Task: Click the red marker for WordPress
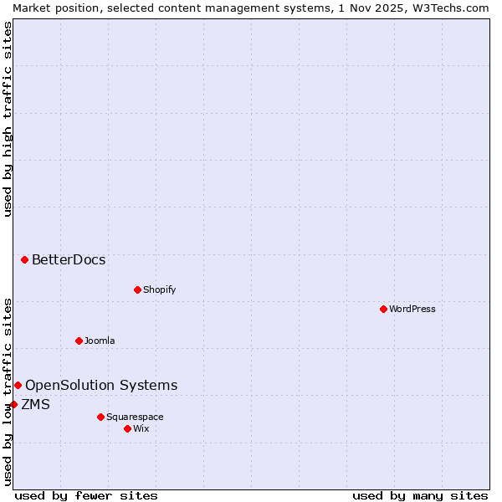click(x=383, y=309)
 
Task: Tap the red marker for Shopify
click(x=137, y=289)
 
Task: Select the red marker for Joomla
click(x=79, y=341)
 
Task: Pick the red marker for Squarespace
click(x=100, y=417)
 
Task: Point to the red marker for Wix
click(x=127, y=428)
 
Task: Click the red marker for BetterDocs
click(x=24, y=259)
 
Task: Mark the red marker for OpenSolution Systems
click(x=18, y=385)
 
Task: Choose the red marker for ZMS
click(x=13, y=404)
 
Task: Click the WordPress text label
click(x=412, y=309)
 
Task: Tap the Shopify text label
click(x=159, y=289)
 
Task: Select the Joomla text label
click(x=100, y=341)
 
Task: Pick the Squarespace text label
click(x=135, y=417)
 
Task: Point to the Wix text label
click(x=141, y=428)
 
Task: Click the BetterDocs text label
click(x=69, y=259)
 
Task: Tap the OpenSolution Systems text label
click(x=101, y=385)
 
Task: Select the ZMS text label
click(x=35, y=404)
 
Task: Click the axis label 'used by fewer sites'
click(x=86, y=495)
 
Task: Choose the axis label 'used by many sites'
click(x=420, y=495)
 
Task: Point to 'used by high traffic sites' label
click(x=8, y=119)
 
